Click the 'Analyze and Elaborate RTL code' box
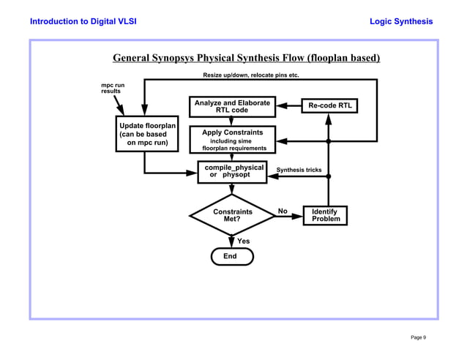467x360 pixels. (231, 106)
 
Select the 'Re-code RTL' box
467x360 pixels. (329, 106)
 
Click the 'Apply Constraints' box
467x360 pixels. (231, 140)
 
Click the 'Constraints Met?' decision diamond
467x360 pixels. (232, 215)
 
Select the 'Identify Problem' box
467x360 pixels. (326, 215)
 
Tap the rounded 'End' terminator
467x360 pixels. (231, 256)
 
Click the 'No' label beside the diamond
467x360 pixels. (282, 211)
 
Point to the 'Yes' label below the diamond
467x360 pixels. (244, 241)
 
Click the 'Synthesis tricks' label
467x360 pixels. (299, 170)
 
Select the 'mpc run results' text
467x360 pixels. (112, 89)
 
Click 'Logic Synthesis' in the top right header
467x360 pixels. (401, 21)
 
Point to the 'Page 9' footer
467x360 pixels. (418, 337)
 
